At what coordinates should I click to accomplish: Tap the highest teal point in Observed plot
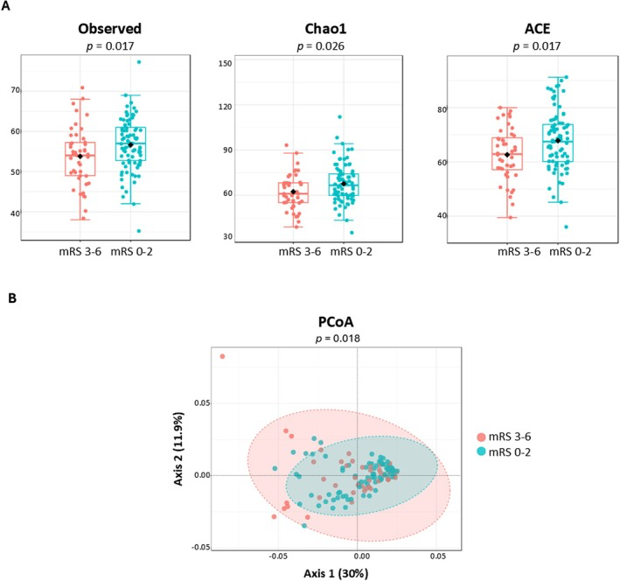point(138,62)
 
